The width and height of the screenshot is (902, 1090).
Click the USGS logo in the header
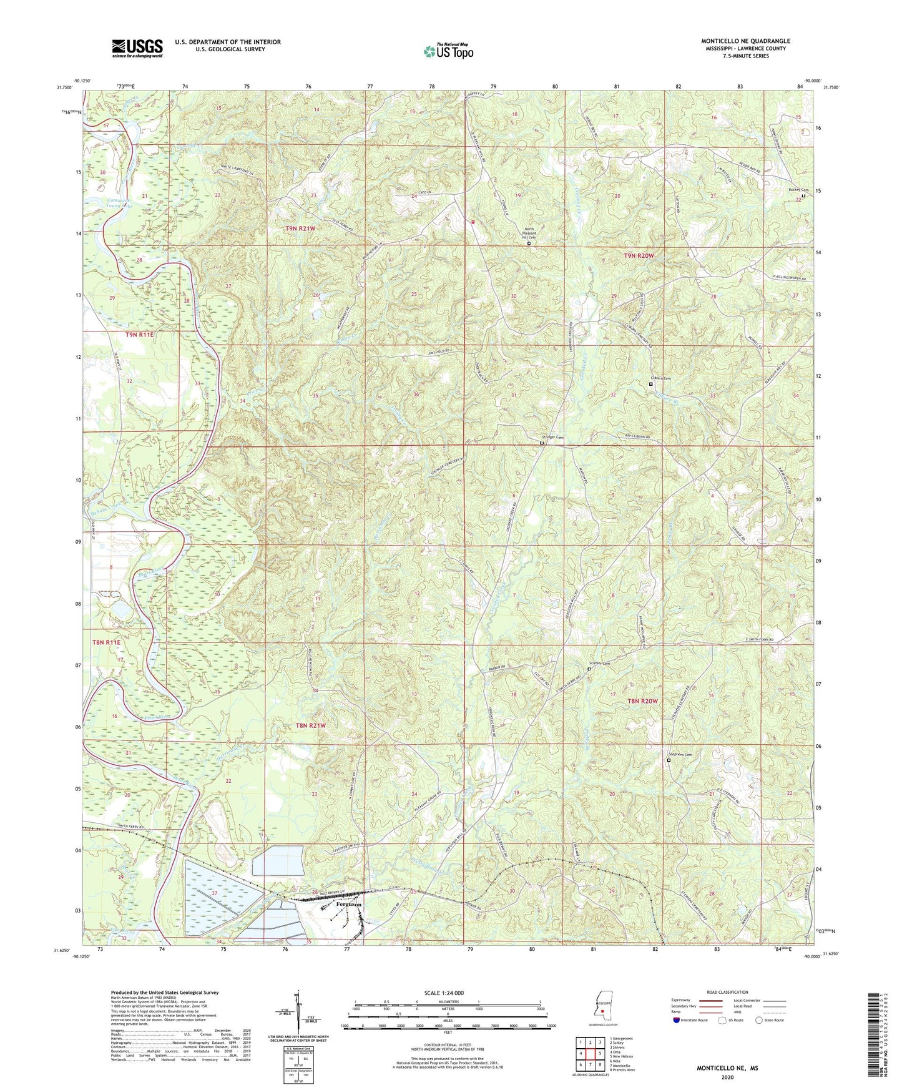click(137, 47)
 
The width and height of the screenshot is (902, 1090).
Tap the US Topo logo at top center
click(448, 51)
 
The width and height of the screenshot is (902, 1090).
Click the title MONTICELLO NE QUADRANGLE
click(745, 41)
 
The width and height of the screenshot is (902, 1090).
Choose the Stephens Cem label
click(680, 755)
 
